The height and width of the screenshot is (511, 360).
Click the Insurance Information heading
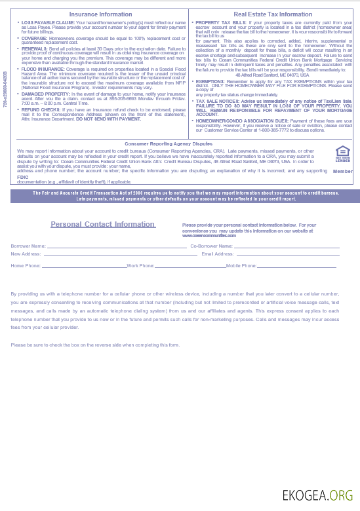[x=100, y=14]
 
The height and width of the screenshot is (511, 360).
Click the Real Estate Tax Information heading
[x=273, y=14]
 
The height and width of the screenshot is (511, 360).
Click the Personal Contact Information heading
[x=102, y=224]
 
